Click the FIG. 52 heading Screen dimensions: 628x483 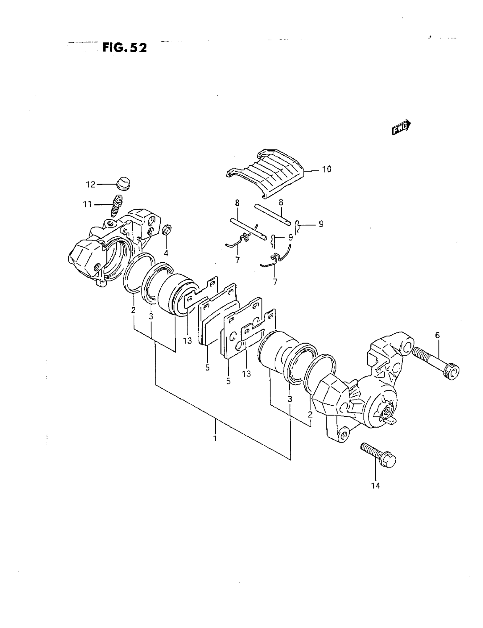coord(124,48)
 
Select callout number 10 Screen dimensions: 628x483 coord(326,169)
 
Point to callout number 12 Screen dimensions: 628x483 coord(91,184)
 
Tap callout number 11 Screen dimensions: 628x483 coord(87,204)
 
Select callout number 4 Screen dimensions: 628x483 coord(166,253)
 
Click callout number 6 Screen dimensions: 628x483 coord(437,335)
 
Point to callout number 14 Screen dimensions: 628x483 coord(375,486)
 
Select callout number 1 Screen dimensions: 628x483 coord(215,438)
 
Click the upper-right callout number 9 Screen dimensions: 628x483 coord(321,224)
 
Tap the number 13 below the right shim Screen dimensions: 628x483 coord(246,374)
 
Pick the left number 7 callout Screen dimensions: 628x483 coord(237,260)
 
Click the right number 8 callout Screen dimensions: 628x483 coord(281,202)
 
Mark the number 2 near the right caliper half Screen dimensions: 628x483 coord(310,414)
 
